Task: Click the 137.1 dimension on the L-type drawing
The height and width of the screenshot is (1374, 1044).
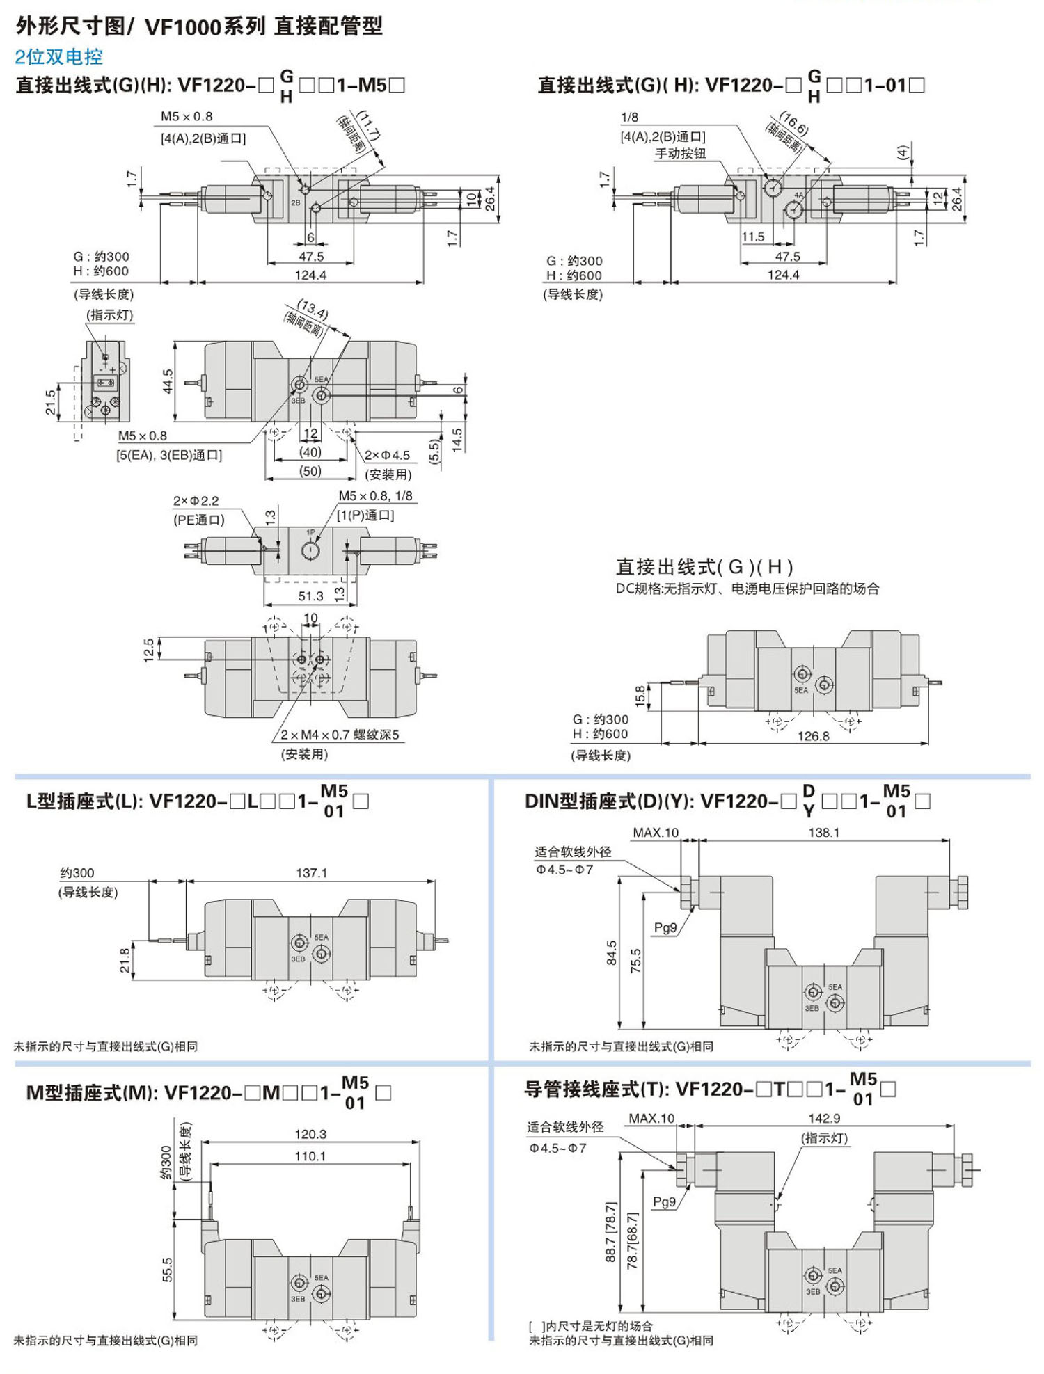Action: (x=311, y=872)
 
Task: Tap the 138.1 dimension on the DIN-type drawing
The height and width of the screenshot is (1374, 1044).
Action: (x=823, y=832)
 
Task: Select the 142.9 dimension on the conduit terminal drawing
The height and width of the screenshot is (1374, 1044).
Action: (x=824, y=1118)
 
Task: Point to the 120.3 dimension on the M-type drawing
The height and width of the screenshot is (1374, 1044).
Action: (x=310, y=1134)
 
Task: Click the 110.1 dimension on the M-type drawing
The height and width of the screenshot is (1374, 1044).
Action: (x=310, y=1156)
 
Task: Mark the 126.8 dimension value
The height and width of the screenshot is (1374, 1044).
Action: (x=813, y=736)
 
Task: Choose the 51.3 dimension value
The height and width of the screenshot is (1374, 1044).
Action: (x=310, y=596)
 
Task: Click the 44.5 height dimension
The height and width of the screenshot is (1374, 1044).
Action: (x=168, y=381)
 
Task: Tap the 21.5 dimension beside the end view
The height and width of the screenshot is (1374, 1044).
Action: (x=51, y=402)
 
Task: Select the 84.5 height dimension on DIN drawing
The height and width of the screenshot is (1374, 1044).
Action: (x=611, y=952)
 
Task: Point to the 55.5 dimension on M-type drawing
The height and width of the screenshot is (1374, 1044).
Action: (x=167, y=1270)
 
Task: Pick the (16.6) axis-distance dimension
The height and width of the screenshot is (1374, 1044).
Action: (x=793, y=124)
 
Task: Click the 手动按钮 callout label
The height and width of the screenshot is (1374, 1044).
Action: (x=680, y=154)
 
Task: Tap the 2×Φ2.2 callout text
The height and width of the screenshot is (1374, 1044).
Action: (x=196, y=501)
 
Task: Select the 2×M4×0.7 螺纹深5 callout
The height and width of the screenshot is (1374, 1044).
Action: (x=340, y=735)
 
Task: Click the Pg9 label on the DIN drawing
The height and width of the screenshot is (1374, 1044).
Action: (x=665, y=927)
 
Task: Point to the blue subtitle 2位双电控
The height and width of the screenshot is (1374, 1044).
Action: (x=58, y=57)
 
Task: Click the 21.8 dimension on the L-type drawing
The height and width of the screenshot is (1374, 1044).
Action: (x=125, y=960)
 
